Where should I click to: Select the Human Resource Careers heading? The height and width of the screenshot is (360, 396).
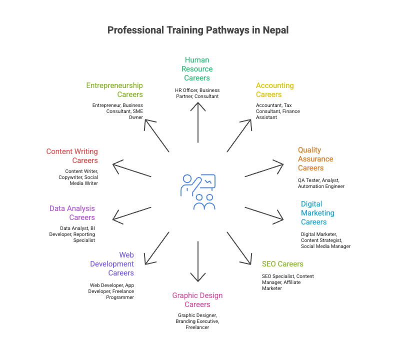(197, 69)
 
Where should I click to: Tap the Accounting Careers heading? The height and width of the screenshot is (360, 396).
(274, 90)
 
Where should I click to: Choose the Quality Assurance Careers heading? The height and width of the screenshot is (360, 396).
(315, 159)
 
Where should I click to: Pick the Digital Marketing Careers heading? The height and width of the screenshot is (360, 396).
(317, 213)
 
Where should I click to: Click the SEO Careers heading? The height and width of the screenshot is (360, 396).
(282, 264)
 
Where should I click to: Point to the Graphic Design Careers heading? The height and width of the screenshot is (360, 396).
(197, 300)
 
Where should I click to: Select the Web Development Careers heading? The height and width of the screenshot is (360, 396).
(112, 264)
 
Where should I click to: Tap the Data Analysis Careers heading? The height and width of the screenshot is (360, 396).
(72, 213)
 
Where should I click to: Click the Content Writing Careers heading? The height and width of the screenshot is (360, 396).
(72, 156)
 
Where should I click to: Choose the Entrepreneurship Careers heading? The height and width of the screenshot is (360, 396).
(115, 90)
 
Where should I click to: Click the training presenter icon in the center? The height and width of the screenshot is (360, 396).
(198, 191)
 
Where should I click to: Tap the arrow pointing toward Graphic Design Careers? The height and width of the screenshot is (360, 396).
(198, 262)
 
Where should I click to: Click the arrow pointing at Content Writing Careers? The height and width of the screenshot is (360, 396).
(131, 169)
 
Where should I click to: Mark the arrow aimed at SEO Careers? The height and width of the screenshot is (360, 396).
(240, 248)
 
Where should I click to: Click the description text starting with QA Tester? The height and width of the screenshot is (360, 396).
(321, 183)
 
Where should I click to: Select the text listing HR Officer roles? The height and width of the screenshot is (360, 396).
(197, 93)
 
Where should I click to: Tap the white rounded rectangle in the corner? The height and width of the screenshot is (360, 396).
(356, 347)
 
